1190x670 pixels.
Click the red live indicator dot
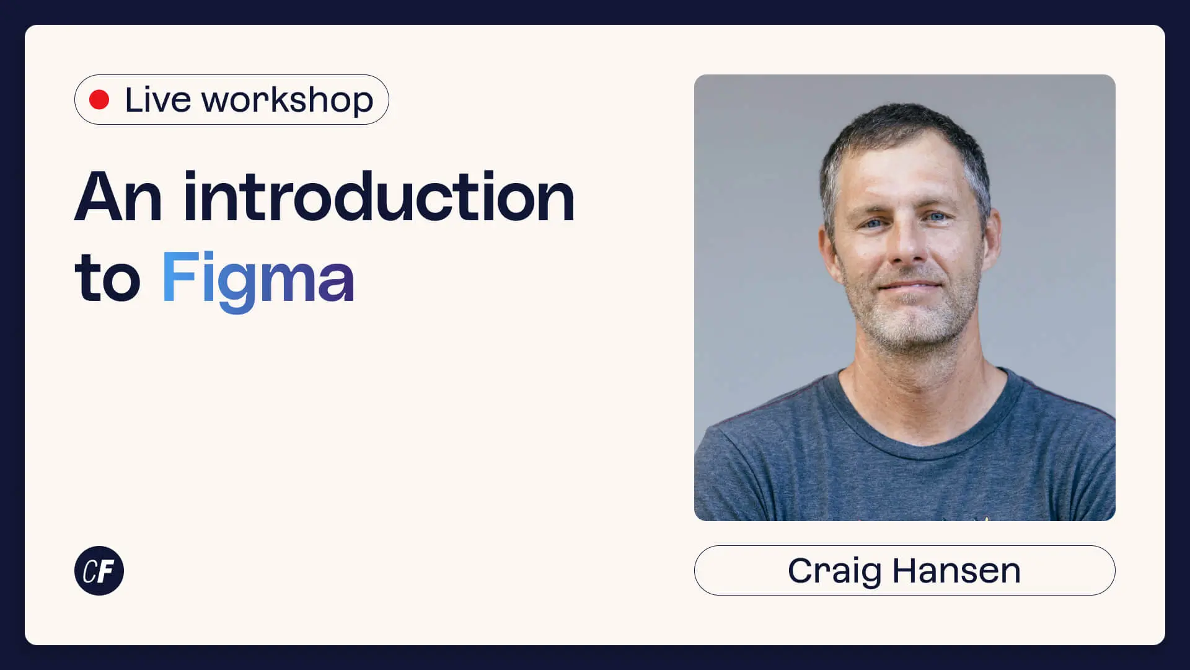point(99,99)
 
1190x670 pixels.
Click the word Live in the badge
point(158,99)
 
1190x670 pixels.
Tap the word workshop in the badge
point(288,100)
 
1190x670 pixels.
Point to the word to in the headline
point(108,277)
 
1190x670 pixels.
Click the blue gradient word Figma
point(258,280)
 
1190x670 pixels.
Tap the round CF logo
point(99,571)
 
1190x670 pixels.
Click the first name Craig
point(834,572)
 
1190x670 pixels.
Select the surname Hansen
point(956,571)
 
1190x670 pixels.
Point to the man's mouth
point(910,287)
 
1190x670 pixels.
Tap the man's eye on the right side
point(936,217)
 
